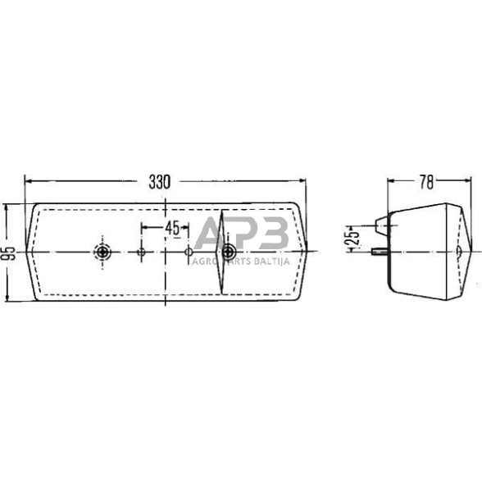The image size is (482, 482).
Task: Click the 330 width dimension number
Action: pyautogui.click(x=160, y=183)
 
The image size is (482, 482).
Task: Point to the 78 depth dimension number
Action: pyautogui.click(x=426, y=182)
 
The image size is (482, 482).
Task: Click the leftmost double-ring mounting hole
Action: pyautogui.click(x=102, y=252)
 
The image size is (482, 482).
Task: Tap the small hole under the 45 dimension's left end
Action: pyautogui.click(x=141, y=252)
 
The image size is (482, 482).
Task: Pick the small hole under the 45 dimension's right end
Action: pyautogui.click(x=189, y=252)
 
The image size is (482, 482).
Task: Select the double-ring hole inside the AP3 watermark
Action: pyautogui.click(x=227, y=252)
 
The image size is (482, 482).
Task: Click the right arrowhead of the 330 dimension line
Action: pyautogui.click(x=307, y=182)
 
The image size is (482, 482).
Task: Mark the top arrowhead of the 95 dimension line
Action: pyautogui.click(x=8, y=207)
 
